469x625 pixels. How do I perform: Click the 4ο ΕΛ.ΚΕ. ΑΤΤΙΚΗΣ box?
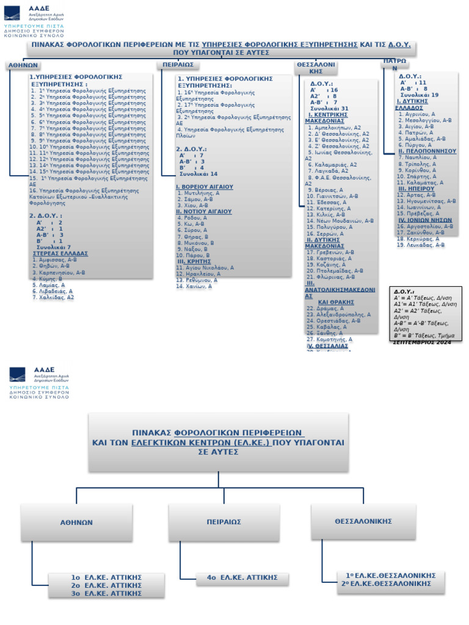point(242,577)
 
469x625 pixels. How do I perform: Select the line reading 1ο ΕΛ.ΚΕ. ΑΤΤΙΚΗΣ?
point(107,577)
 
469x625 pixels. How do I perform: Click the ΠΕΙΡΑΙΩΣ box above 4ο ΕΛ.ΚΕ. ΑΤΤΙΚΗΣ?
point(224,522)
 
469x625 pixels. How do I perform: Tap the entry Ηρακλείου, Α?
point(198,274)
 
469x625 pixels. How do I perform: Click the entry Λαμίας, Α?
point(49,285)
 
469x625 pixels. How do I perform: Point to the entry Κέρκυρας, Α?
point(418,239)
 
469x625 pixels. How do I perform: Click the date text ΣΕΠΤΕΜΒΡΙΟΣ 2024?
point(422,343)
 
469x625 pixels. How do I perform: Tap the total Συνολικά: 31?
point(329,108)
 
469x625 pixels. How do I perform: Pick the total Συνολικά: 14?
point(198,174)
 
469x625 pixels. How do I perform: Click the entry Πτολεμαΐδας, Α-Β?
point(335,270)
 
